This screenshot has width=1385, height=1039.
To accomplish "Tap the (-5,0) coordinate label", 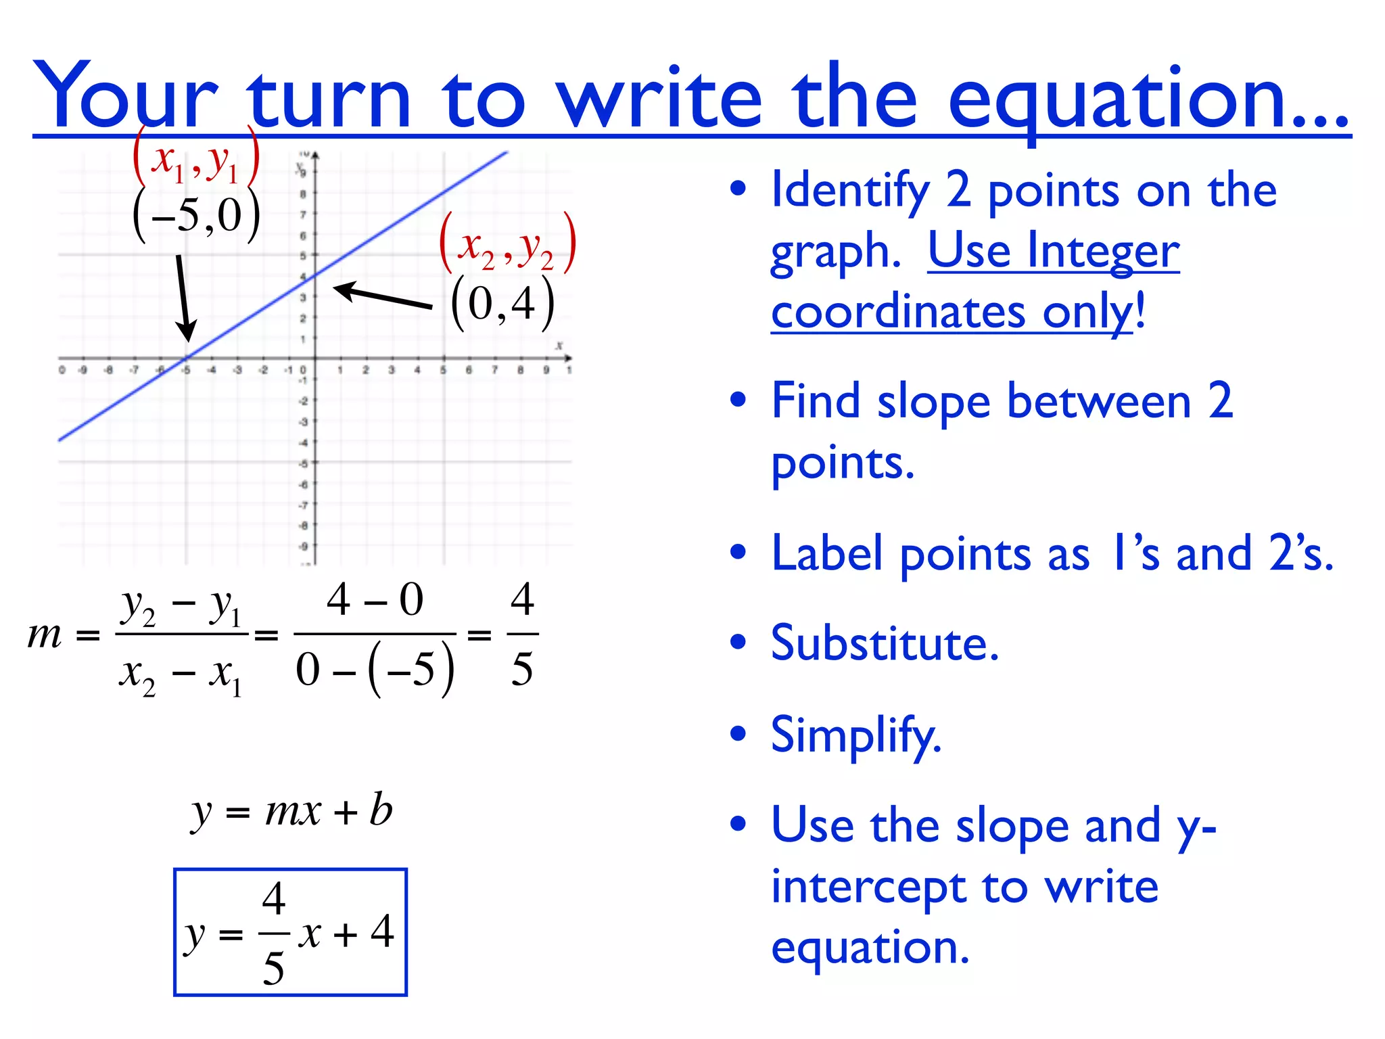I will coord(196,215).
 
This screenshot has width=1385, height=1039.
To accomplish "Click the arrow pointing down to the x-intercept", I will coord(183,298).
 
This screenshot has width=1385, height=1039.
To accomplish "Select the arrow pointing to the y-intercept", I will coord(382,296).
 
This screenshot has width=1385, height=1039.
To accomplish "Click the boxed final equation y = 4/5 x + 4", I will coord(290,932).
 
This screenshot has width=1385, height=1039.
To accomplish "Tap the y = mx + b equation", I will coord(291,810).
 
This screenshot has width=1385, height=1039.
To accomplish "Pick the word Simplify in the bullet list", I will coord(855,735).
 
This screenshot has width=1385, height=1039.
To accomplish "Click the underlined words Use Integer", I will coord(1053,251).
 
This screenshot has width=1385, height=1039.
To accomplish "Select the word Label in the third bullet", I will coord(826,553).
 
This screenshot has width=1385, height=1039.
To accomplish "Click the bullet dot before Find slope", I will coord(738,400).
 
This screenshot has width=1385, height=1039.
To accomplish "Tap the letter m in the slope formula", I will coord(45,634).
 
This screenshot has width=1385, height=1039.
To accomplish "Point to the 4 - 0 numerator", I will coord(375,599).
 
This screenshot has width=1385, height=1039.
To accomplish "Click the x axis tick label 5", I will coord(443,370).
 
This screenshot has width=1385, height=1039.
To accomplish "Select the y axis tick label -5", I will coord(304,464).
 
